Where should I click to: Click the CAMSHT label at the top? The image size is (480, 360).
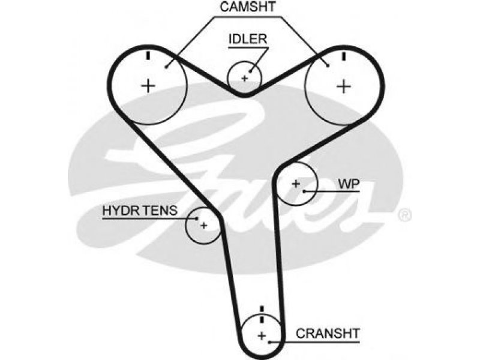(248, 7)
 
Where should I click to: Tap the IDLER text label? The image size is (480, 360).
(248, 39)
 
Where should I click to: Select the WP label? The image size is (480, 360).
(349, 184)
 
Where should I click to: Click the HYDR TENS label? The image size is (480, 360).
(140, 211)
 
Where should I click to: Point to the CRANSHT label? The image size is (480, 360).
(328, 334)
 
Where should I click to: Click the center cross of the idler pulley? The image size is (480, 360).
(244, 79)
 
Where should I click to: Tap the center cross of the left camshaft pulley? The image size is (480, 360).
(148, 85)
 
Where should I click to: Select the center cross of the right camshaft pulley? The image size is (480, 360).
(343, 86)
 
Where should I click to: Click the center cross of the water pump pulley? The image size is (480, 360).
(296, 184)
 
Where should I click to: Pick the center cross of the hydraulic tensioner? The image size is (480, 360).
(204, 226)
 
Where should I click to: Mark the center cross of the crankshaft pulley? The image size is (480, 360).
(262, 336)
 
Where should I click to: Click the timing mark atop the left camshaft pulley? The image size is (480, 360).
(148, 56)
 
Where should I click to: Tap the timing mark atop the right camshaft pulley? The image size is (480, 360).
(344, 56)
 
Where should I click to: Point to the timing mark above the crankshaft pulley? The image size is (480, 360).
(262, 314)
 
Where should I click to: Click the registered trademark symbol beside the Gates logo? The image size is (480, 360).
(404, 215)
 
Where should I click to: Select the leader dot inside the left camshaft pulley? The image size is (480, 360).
(166, 67)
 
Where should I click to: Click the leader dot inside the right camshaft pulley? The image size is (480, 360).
(328, 65)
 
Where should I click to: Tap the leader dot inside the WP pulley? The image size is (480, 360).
(304, 191)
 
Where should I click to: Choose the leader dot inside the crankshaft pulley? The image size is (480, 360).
(269, 341)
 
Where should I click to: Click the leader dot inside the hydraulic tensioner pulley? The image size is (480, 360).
(197, 218)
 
